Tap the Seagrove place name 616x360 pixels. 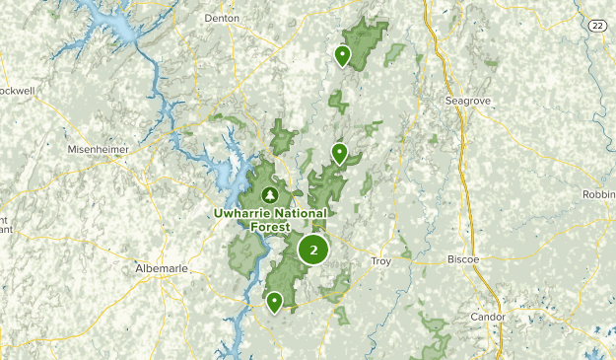(x=468, y=100)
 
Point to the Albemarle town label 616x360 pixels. (x=160, y=267)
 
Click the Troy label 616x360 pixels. (x=380, y=261)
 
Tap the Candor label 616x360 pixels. (x=488, y=317)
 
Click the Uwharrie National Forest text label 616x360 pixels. (x=270, y=218)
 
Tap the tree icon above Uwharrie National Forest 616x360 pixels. (x=270, y=193)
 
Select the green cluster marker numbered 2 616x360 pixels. (x=313, y=250)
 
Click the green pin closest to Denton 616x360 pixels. (x=342, y=55)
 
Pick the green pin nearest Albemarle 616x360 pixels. (x=274, y=301)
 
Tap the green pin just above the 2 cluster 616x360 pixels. (x=339, y=153)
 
